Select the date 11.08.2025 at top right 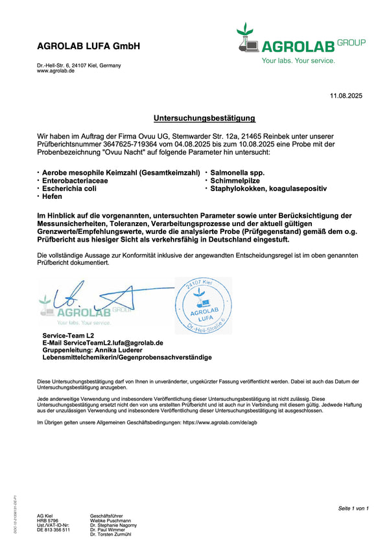pos(346,96)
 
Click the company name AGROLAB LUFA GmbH pos(88,47)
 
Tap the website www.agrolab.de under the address pos(56,71)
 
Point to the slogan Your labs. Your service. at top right pos(298,60)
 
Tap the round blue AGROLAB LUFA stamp pos(204,304)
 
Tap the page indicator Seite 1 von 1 pos(353,509)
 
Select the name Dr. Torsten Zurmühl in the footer pos(111,534)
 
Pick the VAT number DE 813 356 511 pos(53,530)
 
